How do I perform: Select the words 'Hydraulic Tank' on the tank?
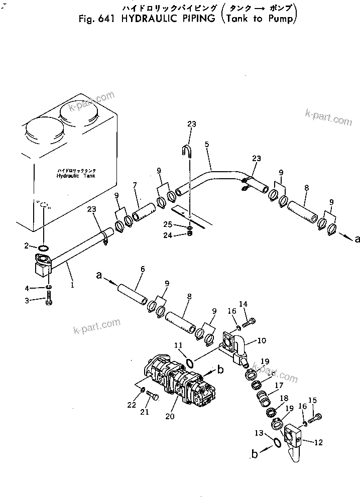click(x=75, y=177)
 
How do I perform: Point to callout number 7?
click(x=134, y=186)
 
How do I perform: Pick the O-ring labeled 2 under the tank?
click(x=44, y=247)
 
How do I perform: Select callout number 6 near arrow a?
click(x=143, y=270)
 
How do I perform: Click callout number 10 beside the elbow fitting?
click(x=262, y=341)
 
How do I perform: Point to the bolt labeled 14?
click(x=251, y=321)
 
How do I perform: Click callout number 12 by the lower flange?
click(x=318, y=442)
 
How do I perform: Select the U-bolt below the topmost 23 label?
click(x=187, y=150)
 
